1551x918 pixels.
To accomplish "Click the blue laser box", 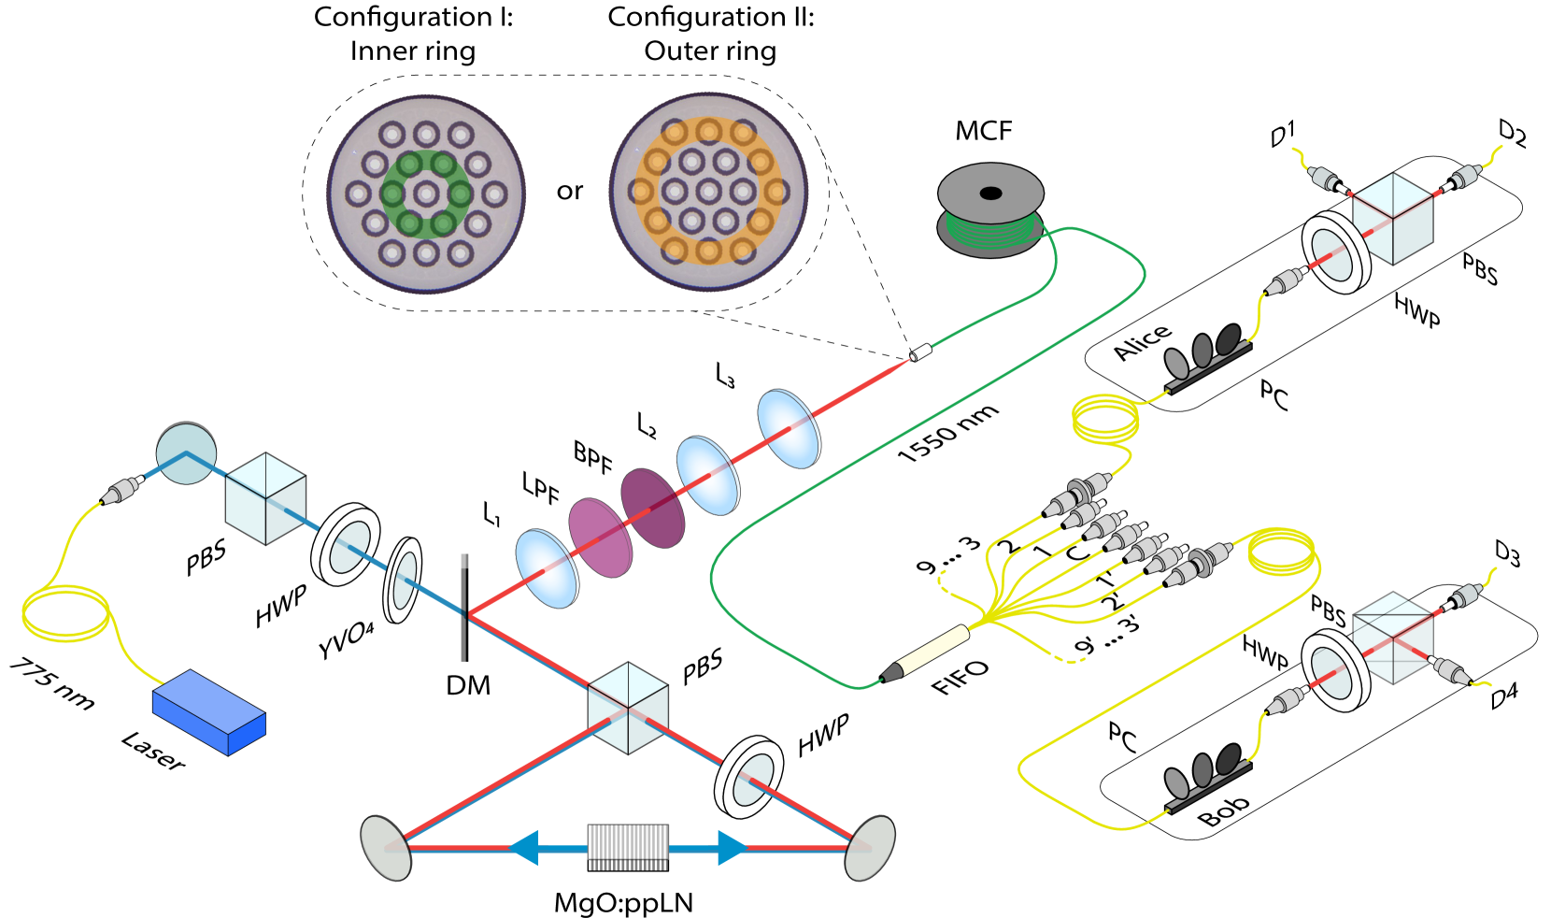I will [x=208, y=712].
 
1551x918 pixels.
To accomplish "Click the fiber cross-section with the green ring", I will [x=426, y=194].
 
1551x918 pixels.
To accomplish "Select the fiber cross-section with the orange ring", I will [x=708, y=193].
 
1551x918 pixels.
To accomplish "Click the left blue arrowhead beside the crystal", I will [x=523, y=848].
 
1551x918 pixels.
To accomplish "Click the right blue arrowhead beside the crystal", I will [x=732, y=848].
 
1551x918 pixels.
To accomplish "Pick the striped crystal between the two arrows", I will [x=628, y=846].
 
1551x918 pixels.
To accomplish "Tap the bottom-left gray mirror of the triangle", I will [x=385, y=848].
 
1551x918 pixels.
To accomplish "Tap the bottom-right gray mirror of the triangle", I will [x=870, y=848].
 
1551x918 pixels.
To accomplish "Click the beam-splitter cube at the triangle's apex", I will [x=628, y=708].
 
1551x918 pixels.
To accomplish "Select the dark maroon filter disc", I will [x=652, y=508].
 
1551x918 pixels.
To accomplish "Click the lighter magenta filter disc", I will [x=600, y=538].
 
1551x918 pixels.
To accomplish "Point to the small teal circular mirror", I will [x=186, y=454].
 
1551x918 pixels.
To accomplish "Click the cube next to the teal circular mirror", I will [x=266, y=498].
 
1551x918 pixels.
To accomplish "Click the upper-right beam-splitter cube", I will [x=1392, y=219].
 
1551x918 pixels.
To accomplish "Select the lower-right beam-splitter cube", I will [x=1392, y=638].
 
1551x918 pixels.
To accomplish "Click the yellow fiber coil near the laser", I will [x=65, y=613].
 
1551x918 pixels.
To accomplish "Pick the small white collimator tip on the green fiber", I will [x=921, y=352].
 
